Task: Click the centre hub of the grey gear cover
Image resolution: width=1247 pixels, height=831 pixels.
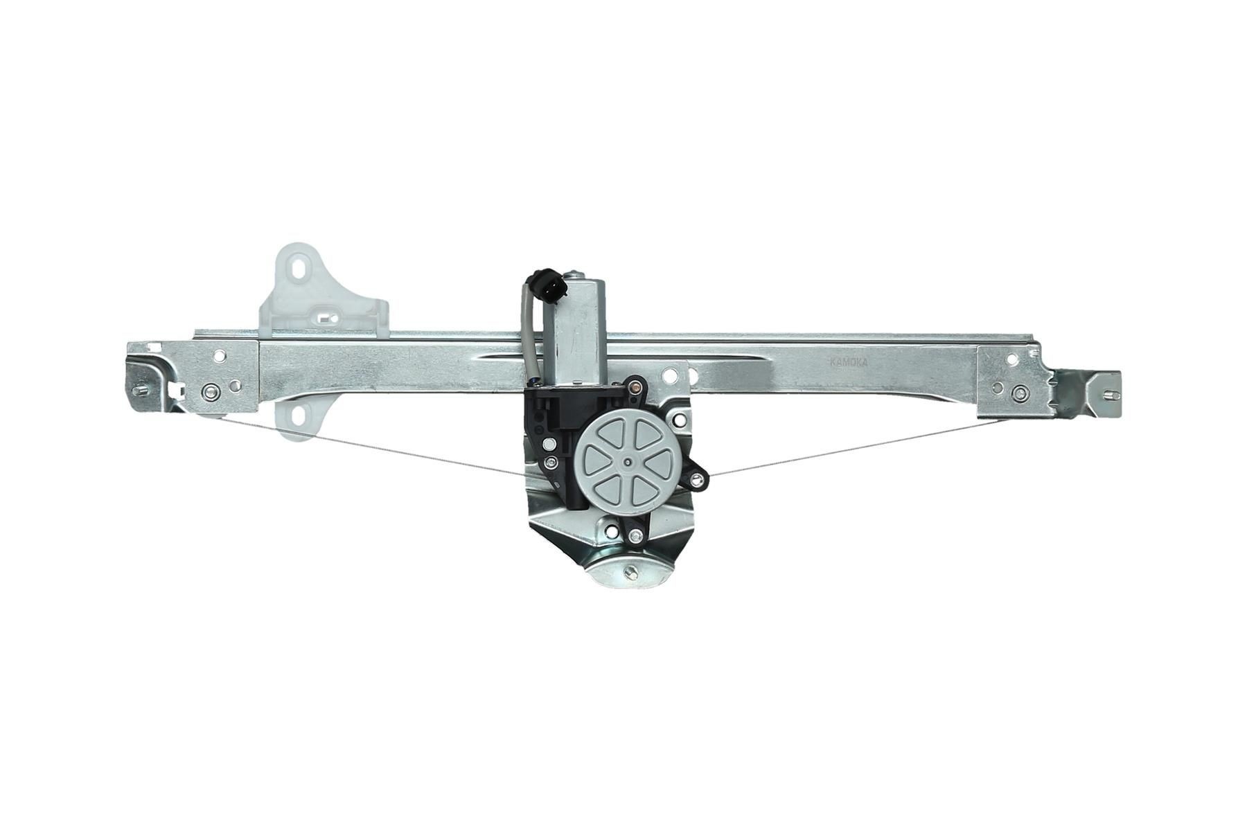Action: click(x=628, y=462)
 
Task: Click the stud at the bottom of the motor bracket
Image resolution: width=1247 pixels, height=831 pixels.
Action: click(x=632, y=573)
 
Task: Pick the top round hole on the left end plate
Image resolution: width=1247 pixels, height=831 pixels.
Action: click(x=219, y=357)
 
